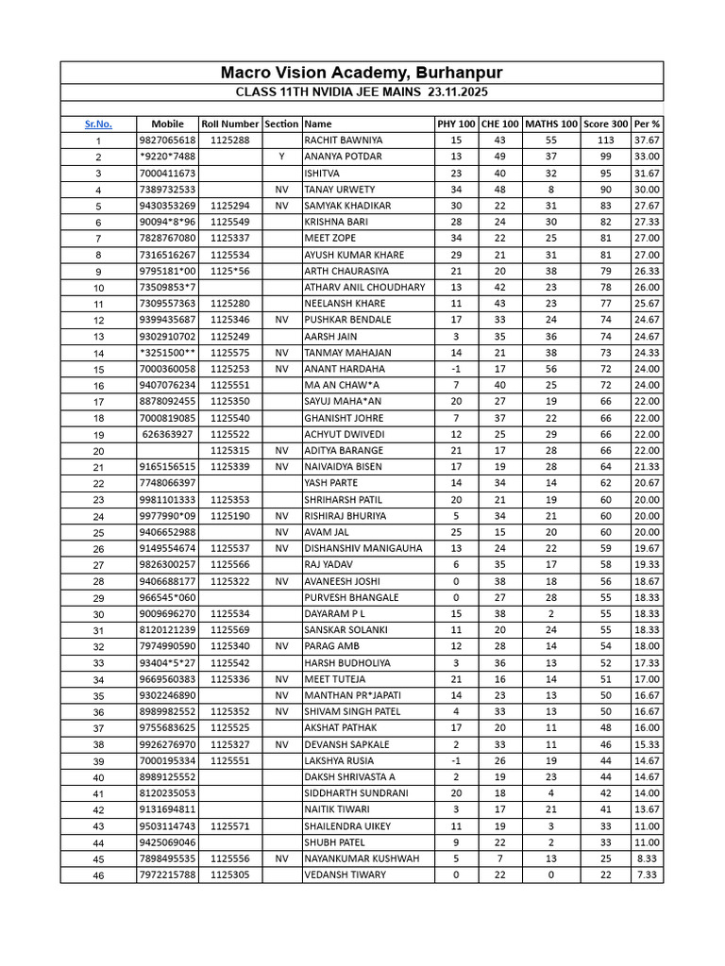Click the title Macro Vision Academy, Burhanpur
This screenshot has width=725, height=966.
point(362,73)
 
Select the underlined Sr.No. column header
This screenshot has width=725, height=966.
point(98,124)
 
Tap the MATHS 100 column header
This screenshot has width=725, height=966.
point(550,124)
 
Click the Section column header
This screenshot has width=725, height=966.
point(281,124)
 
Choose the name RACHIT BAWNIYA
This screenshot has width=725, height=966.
point(344,140)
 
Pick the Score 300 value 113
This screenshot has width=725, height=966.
point(605,140)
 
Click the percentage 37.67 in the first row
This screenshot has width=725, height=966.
point(647,140)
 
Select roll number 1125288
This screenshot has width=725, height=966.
point(230,140)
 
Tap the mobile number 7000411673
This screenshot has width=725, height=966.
point(167,173)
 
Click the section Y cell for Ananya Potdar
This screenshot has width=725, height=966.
point(281,157)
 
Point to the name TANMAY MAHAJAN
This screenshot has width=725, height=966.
point(346,353)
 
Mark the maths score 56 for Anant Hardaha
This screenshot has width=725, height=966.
point(550,369)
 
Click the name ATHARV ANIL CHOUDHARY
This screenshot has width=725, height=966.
point(364,287)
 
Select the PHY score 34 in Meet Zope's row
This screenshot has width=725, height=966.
point(456,238)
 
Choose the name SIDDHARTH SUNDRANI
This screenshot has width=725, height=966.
point(356,793)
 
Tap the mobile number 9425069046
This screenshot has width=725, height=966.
point(167,842)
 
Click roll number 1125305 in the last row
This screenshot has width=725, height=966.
point(230,875)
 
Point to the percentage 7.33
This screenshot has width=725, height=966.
point(647,875)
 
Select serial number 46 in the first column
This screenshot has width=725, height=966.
point(98,875)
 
